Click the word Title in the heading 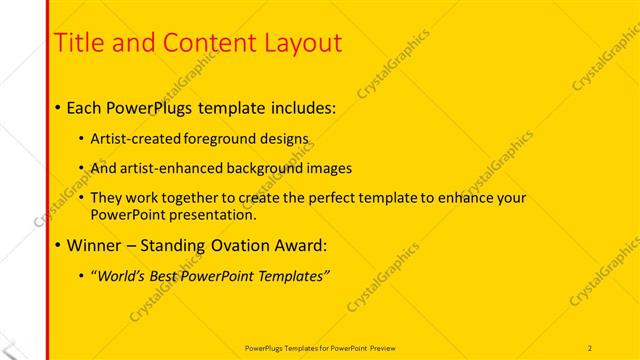coord(76,43)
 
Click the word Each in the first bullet coord(86,106)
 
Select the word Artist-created coord(138,138)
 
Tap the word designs coord(286,138)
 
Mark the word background coord(269,168)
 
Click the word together coord(195,199)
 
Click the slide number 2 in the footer coord(590,347)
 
